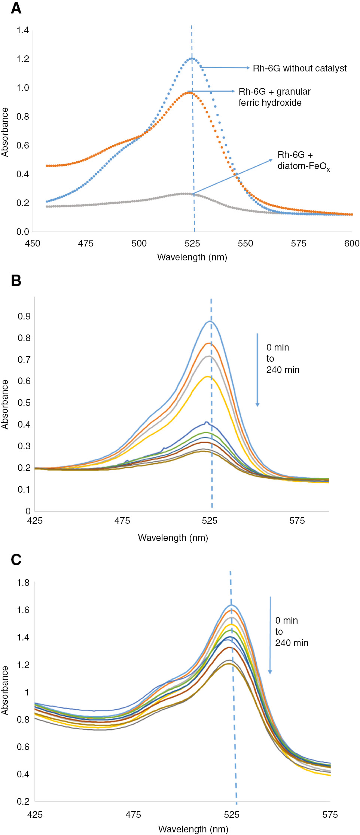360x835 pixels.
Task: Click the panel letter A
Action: tap(16, 8)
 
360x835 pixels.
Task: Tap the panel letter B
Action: tap(16, 281)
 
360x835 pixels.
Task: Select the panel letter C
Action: tap(16, 560)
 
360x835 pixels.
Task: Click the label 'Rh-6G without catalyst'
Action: tap(299, 68)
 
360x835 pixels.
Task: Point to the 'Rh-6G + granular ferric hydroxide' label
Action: tap(275, 97)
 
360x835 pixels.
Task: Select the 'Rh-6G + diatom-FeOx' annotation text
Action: tap(303, 160)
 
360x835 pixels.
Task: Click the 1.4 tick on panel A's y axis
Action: tap(22, 30)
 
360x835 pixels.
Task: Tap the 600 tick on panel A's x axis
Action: tap(351, 244)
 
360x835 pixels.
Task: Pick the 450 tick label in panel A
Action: tap(33, 244)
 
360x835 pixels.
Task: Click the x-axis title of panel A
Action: tap(192, 257)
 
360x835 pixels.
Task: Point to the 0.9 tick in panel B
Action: tap(24, 316)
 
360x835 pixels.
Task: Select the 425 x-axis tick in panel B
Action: tap(35, 521)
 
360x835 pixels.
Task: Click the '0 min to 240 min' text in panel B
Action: tap(283, 359)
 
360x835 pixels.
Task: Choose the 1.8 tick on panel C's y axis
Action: tap(23, 583)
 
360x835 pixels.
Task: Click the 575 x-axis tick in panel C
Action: tap(330, 815)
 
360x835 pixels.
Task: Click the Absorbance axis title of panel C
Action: tap(5, 691)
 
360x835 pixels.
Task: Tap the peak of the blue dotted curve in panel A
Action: tap(192, 58)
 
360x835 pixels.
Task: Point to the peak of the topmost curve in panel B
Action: tap(210, 321)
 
